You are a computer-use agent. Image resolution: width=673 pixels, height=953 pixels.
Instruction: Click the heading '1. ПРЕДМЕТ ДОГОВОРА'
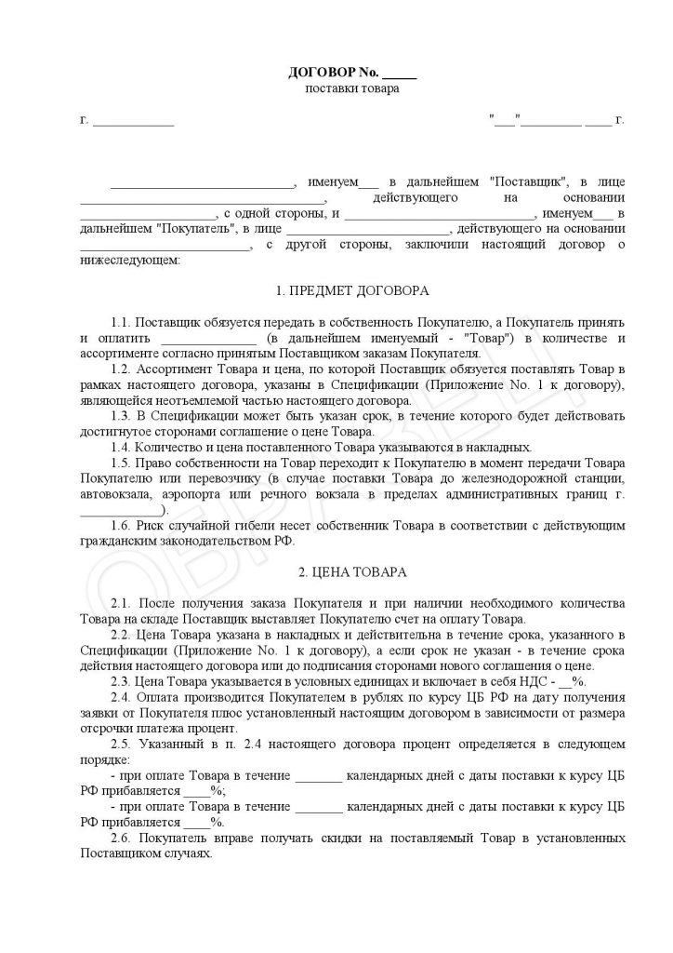click(x=352, y=291)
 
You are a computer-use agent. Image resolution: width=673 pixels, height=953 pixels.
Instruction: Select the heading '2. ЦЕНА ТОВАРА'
click(x=352, y=570)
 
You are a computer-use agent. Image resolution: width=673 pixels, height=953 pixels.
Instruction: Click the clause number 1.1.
click(x=122, y=322)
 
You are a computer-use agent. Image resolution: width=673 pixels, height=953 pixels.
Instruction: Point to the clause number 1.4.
click(x=122, y=448)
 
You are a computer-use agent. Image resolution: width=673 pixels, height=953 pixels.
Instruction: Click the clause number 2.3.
click(x=122, y=681)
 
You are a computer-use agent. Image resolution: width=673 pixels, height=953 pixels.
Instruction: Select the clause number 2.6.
click(x=122, y=838)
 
